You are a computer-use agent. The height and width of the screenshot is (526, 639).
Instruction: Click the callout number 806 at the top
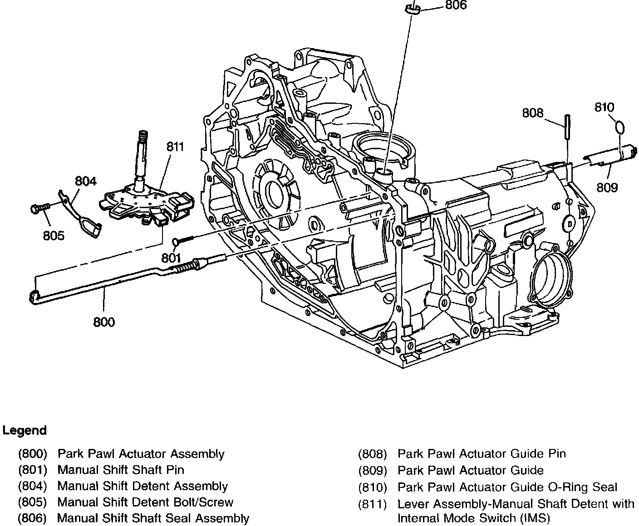[456, 5]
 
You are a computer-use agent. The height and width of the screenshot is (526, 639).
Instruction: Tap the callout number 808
[532, 112]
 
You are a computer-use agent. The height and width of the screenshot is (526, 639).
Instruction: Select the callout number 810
[604, 107]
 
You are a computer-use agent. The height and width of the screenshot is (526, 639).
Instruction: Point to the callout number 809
[607, 187]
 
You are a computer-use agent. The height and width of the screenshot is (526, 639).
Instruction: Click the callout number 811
[175, 146]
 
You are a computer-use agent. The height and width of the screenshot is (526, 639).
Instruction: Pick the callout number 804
[86, 181]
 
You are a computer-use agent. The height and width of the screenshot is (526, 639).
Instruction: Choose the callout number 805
[54, 235]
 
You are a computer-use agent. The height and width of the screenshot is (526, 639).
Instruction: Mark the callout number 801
[171, 257]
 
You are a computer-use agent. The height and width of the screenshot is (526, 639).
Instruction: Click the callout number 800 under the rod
[104, 322]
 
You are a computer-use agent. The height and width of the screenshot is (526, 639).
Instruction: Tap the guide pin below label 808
[567, 127]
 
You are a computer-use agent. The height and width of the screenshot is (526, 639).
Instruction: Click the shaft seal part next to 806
[412, 9]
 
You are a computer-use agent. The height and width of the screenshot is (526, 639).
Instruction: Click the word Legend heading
[25, 430]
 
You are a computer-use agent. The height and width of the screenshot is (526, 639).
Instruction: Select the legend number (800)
[33, 454]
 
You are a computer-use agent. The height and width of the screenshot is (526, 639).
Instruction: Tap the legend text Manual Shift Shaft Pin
[121, 470]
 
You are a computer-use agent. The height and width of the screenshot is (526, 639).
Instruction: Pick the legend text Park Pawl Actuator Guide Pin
[482, 454]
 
